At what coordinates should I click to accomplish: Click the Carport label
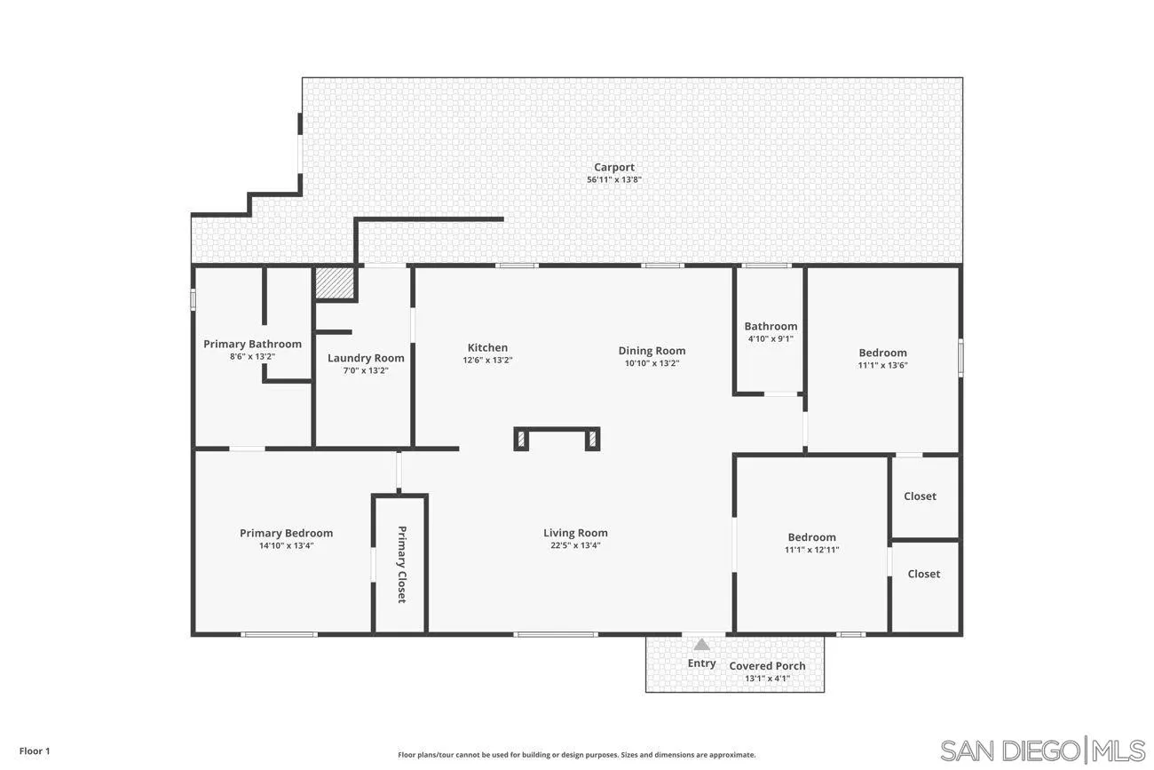pos(613,167)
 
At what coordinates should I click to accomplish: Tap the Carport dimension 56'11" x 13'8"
pos(613,179)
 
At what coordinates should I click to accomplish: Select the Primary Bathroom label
pos(252,344)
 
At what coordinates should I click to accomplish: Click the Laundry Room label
pos(366,358)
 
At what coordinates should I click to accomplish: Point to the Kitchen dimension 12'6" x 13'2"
pos(487,361)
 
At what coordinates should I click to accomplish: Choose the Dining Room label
pos(652,351)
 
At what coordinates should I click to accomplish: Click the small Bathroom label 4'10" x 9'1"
pos(771,326)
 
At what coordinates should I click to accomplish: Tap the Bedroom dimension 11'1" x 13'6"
pos(882,365)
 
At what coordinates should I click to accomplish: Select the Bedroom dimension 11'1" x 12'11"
pos(811,550)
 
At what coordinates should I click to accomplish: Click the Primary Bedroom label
pos(286,533)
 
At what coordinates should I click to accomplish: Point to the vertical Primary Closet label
pos(401,565)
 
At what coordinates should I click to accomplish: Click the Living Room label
pos(575,533)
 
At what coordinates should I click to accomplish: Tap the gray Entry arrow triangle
pos(701,645)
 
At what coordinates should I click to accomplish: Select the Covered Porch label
pos(767,666)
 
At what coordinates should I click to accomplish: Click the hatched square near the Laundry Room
pos(336,283)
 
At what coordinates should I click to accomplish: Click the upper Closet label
pos(920,496)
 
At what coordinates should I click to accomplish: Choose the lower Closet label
pos(923,574)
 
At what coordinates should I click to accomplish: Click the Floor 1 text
pos(35,751)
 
